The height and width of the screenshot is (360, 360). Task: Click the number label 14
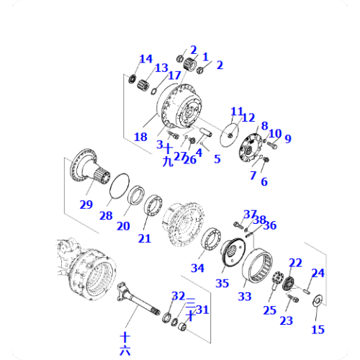pos(145,59)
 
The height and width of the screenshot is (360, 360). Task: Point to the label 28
pos(107,216)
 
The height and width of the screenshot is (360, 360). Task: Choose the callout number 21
pos(145,238)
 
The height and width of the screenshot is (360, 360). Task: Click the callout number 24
pos(318,273)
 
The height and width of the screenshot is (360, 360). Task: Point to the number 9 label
pos(287,139)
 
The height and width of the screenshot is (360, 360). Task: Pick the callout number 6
pos(264,182)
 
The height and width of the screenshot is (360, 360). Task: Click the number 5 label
pos(217,159)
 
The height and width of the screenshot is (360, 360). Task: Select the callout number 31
pos(202,310)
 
